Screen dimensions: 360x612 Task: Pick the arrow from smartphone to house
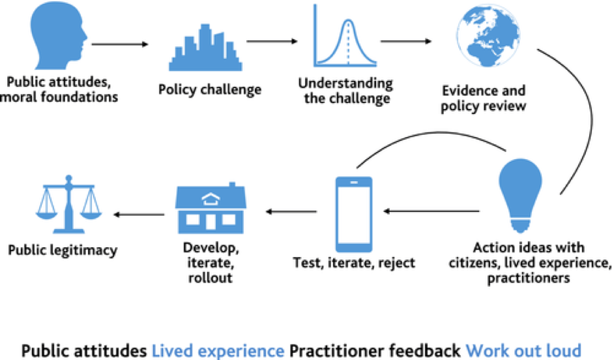click(x=291, y=211)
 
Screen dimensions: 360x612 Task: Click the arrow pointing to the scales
click(x=139, y=213)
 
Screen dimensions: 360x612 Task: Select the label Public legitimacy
click(x=64, y=250)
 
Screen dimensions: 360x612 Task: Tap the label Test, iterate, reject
click(x=353, y=263)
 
